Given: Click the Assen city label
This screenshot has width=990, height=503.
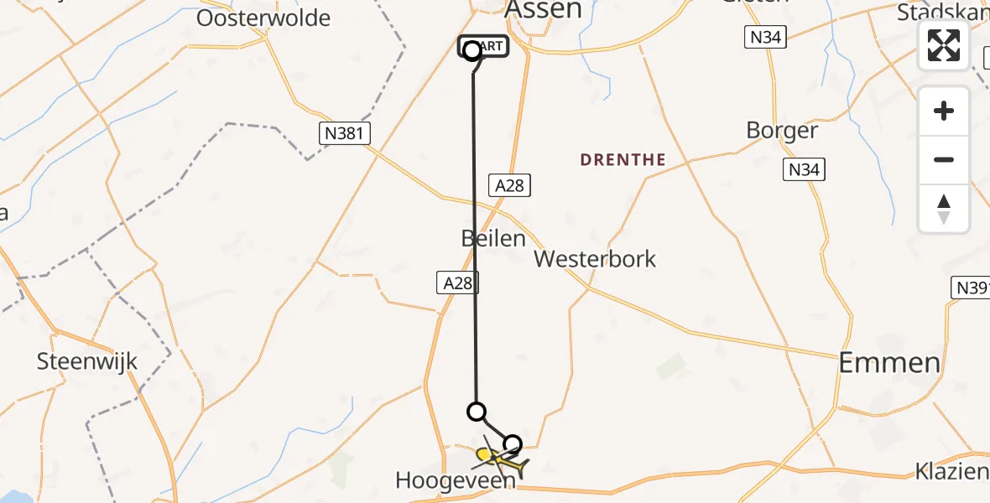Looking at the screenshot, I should (544, 9).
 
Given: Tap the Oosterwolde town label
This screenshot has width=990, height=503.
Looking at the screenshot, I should (263, 18).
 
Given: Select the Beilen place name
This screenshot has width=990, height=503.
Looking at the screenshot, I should (492, 238).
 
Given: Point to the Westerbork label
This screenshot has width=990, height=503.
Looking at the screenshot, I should (595, 258).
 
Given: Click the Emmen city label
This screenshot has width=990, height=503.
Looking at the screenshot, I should (890, 362).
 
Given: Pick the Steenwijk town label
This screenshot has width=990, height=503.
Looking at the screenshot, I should (86, 362).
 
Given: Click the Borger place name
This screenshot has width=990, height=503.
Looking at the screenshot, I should (782, 131).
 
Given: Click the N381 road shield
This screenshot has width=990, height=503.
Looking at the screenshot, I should (345, 132).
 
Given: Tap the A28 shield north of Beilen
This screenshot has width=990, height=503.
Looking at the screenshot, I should (509, 185).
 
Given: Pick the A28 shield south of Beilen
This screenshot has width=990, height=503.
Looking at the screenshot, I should (457, 283).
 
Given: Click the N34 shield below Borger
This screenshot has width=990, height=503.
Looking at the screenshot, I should (804, 169).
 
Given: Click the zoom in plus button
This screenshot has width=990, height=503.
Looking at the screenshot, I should (944, 111).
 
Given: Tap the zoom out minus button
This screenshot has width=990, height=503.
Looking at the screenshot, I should (944, 159).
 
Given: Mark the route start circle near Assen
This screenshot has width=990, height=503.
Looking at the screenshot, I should (472, 50).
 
